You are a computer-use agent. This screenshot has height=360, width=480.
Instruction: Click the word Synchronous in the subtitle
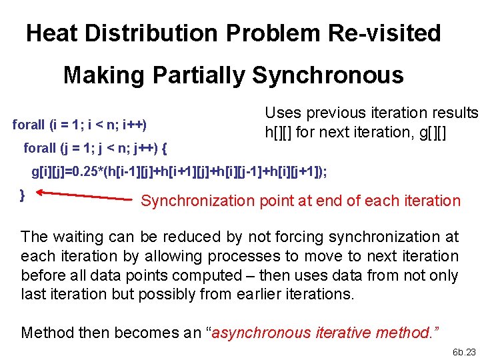[x=328, y=75]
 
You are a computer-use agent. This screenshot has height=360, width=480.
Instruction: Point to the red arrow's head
[x=39, y=193]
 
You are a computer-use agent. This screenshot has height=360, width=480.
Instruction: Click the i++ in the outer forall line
[x=134, y=125]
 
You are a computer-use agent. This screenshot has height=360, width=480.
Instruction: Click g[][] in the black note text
[x=436, y=133]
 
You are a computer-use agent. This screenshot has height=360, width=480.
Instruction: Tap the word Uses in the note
[x=280, y=113]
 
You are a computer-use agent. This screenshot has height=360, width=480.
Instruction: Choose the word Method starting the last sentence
[x=45, y=333]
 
